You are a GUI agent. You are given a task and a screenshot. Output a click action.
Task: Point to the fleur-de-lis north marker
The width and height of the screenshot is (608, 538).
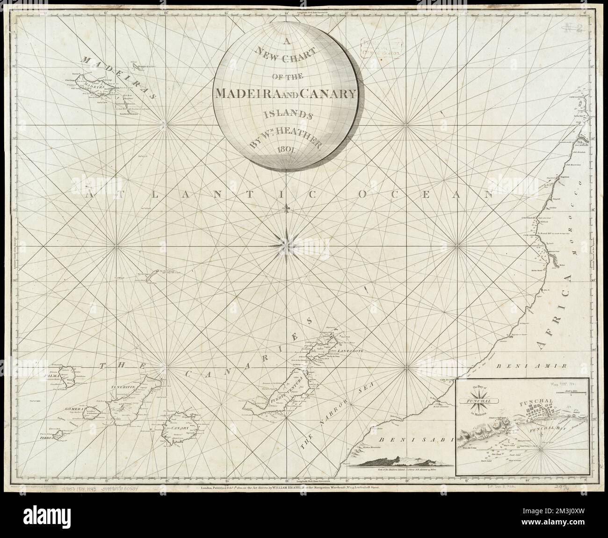pos(286,208)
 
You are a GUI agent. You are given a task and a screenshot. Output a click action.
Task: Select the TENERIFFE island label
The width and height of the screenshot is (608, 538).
pos(123,387)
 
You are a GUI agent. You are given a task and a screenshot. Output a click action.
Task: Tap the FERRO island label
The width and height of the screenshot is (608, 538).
pos(47,439)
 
